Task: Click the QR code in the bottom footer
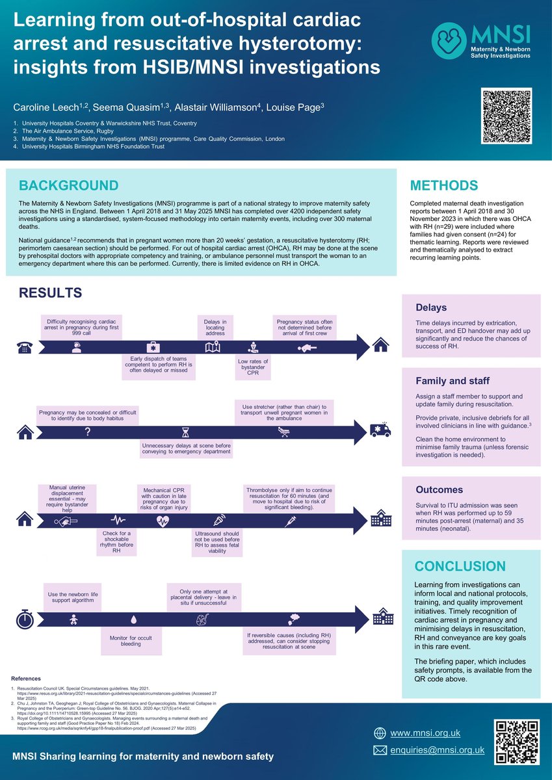pos(517,742)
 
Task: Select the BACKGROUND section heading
pos(68,185)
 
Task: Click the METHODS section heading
pos(449,185)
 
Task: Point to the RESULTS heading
pos(50,293)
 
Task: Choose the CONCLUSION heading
pos(460,566)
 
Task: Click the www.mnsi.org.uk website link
pos(425,733)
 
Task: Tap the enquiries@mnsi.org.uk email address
pos(437,750)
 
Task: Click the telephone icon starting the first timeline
pos(24,346)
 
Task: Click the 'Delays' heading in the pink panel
pos(430,307)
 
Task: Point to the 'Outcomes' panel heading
pos(440,489)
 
